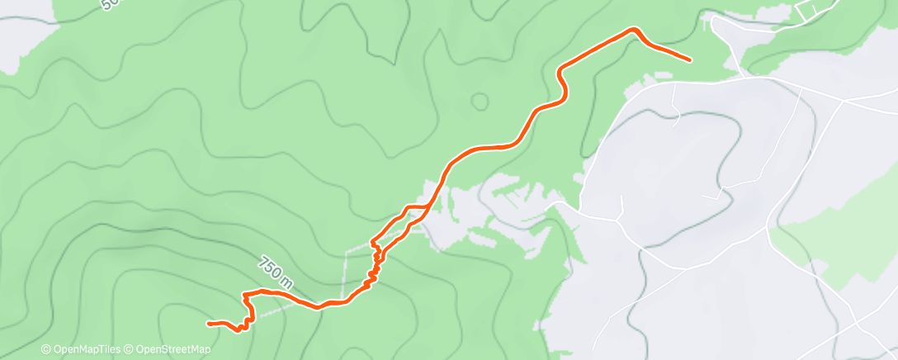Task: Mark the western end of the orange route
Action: point(209,323)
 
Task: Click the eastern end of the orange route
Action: point(689,59)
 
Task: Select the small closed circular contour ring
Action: point(479,102)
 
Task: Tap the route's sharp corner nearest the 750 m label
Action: point(244,294)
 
